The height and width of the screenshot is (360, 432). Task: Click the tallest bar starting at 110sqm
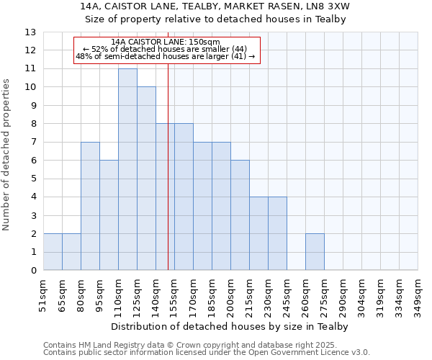pos(127,169)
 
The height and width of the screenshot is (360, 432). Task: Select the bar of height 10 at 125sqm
pos(146,179)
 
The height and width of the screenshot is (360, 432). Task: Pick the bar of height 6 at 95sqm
pos(109,215)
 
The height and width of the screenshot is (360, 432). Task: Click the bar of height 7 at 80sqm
pos(90,206)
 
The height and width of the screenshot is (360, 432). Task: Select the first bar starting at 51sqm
pos(53,252)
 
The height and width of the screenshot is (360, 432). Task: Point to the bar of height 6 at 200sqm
pos(240,215)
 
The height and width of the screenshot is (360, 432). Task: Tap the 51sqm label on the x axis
pos(44,294)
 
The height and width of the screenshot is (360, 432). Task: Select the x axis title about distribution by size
pos(230,327)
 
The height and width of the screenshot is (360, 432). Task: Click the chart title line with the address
pos(216,6)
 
